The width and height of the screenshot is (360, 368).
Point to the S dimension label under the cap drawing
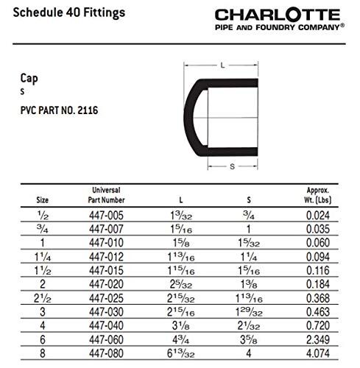(233, 166)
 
